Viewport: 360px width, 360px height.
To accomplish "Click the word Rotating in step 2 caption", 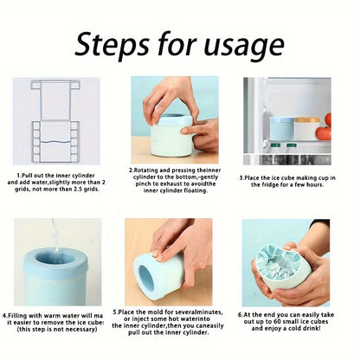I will tap(153, 171).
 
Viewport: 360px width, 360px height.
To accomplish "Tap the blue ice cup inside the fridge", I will tap(282, 127).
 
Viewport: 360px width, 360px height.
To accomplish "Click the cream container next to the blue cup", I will tap(306, 129).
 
